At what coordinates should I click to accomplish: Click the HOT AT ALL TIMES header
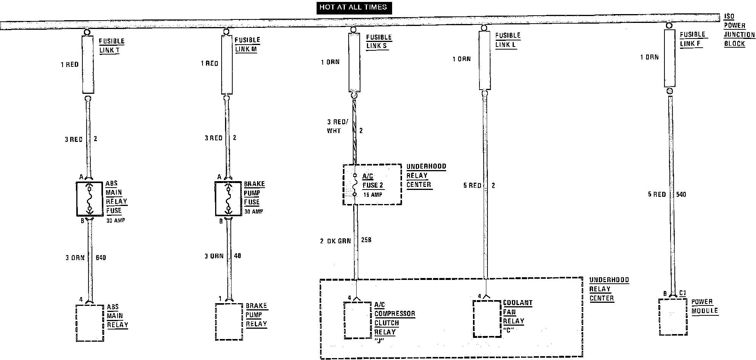tap(354, 7)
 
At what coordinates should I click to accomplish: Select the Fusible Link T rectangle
tap(88, 64)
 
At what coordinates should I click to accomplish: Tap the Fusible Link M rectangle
tap(227, 64)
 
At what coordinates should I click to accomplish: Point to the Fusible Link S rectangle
tap(354, 62)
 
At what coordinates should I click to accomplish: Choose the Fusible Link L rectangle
tap(484, 60)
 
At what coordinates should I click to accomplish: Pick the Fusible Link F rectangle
tap(670, 58)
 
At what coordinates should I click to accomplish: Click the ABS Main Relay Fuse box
tap(90, 199)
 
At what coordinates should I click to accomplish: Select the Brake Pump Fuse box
tap(228, 199)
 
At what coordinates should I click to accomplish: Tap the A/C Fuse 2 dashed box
tap(372, 185)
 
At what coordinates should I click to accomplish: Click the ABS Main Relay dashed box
tap(90, 323)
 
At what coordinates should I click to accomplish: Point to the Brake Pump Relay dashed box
tap(229, 321)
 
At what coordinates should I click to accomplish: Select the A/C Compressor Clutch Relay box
tap(357, 320)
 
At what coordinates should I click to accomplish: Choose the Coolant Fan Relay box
tap(487, 319)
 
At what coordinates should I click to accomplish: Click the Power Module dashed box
tap(673, 317)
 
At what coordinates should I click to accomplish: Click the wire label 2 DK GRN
tap(335, 241)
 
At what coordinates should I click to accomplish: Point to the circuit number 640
tap(101, 258)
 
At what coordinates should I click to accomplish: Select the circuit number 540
tap(681, 194)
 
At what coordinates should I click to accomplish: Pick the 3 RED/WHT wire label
tap(337, 126)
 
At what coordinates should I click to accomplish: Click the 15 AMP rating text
tap(372, 195)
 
